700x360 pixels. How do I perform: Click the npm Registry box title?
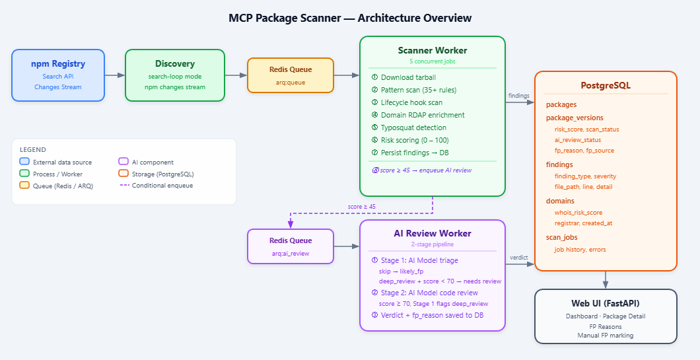pyautogui.click(x=58, y=64)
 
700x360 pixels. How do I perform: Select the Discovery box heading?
pyautogui.click(x=175, y=64)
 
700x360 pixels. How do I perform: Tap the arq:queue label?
pyautogui.click(x=290, y=83)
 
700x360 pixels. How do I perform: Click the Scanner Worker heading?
pyautogui.click(x=433, y=50)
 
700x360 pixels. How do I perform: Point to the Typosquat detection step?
pyautogui.click(x=413, y=127)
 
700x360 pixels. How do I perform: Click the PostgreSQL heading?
pyautogui.click(x=606, y=86)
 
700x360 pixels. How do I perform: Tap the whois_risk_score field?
pyautogui.click(x=578, y=213)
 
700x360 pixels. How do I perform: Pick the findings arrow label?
pyautogui.click(x=518, y=96)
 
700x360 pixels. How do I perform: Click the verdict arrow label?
pyautogui.click(x=519, y=258)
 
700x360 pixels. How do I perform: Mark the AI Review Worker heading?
pyautogui.click(x=433, y=233)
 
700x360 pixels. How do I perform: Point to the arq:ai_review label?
pyautogui.click(x=290, y=254)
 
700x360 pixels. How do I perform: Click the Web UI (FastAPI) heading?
pyautogui.click(x=606, y=303)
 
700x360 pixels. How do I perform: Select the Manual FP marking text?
pyautogui.click(x=606, y=335)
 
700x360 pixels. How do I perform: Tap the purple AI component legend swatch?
pyautogui.click(x=123, y=162)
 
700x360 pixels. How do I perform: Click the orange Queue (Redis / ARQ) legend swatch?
pyautogui.click(x=24, y=186)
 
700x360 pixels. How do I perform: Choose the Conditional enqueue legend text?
pyautogui.click(x=162, y=186)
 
